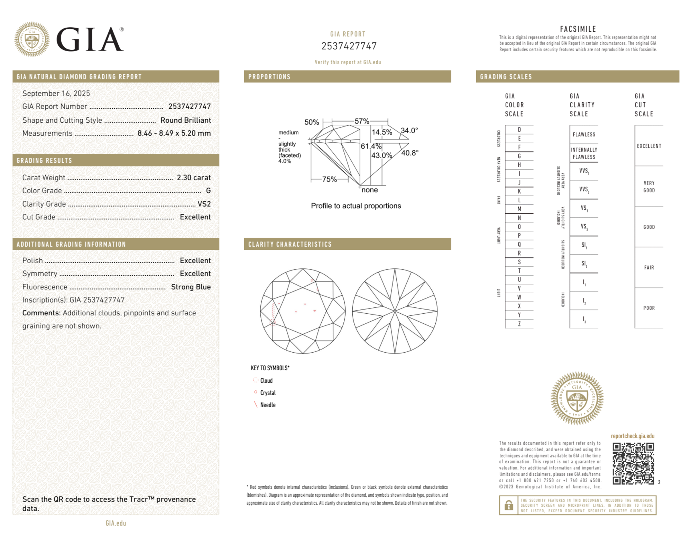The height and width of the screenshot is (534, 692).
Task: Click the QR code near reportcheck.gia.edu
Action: (x=633, y=463)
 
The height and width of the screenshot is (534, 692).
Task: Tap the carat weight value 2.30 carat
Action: (x=194, y=178)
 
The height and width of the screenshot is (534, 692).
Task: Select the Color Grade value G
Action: (x=208, y=191)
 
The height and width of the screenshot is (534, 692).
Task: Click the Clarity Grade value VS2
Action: (x=204, y=204)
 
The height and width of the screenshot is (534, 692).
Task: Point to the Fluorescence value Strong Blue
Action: (x=191, y=287)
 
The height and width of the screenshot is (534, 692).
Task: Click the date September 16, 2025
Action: (x=56, y=93)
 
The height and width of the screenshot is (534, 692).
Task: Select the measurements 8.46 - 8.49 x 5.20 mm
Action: (x=174, y=133)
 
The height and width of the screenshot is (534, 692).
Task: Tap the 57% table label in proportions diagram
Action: (x=362, y=121)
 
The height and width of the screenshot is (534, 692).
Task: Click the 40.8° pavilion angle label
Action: (x=410, y=153)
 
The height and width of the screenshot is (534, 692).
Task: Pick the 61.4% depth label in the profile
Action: (x=371, y=146)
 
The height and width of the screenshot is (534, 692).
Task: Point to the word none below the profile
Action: (x=369, y=190)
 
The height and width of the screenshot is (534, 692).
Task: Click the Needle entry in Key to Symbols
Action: (x=268, y=405)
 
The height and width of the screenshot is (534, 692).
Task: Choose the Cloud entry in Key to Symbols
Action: (x=266, y=380)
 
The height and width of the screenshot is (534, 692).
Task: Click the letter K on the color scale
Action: (x=519, y=191)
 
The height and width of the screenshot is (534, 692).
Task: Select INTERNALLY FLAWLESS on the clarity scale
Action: (x=584, y=153)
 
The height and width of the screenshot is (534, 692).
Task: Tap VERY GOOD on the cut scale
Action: (x=649, y=187)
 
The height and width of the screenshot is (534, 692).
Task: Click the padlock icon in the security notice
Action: (x=508, y=505)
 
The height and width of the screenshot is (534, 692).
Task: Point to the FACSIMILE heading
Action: (x=578, y=29)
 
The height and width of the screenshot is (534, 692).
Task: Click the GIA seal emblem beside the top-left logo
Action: (x=32, y=39)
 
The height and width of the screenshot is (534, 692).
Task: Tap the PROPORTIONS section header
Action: (x=269, y=77)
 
